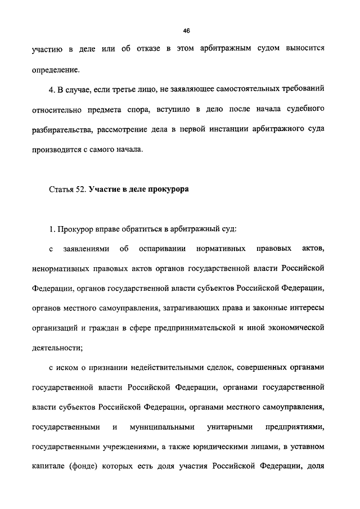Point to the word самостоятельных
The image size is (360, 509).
click(x=238, y=89)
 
